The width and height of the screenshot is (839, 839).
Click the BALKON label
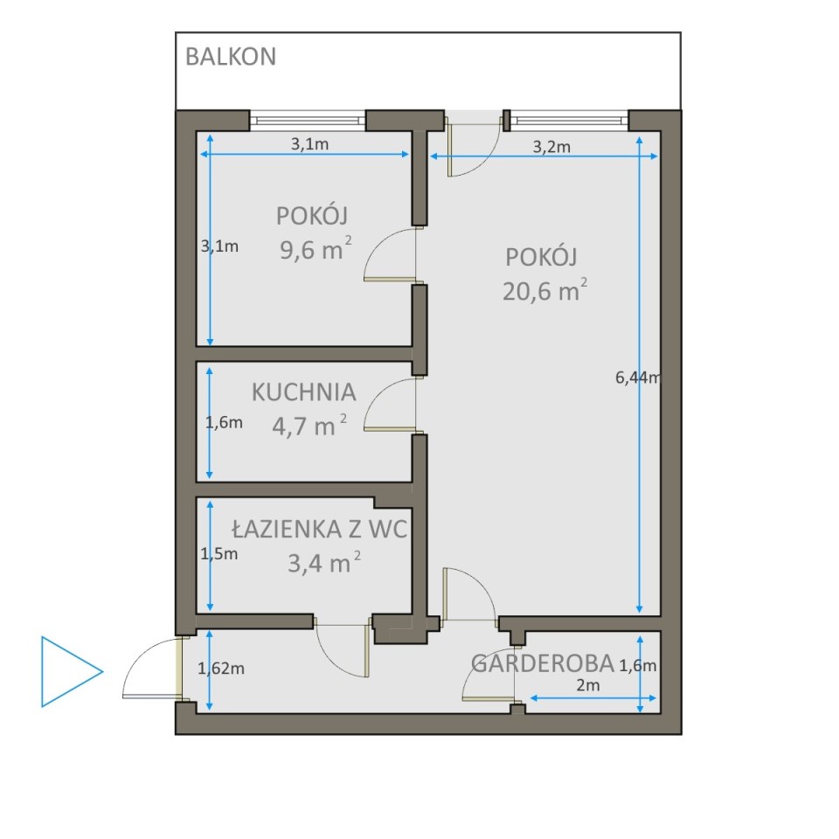231,57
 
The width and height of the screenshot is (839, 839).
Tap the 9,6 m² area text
315,249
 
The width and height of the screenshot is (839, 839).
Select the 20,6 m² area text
544,290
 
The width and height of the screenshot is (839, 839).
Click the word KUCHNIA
304,392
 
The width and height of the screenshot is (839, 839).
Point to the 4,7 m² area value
309,426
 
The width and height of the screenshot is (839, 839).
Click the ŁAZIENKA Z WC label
320,530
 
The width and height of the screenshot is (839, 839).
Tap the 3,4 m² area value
324,562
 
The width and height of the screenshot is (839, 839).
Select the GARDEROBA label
543,663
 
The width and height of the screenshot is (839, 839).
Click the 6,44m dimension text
638,378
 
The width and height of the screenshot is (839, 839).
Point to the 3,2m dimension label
551,147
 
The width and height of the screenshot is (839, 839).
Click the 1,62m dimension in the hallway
221,669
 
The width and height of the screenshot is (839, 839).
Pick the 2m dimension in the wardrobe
588,685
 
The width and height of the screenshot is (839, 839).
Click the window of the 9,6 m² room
308,121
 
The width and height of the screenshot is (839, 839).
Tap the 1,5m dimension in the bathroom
218,554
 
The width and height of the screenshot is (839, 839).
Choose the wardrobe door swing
474,676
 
